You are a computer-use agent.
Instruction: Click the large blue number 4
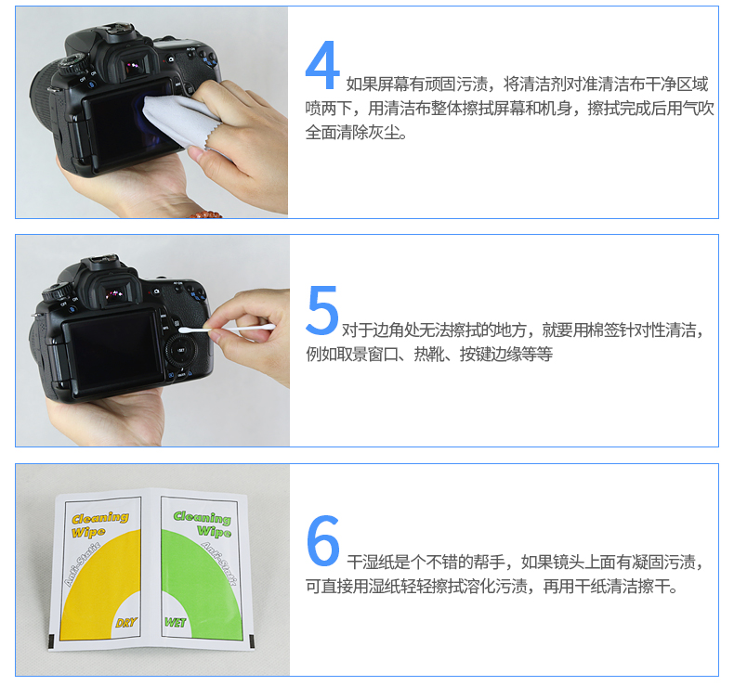point(322,65)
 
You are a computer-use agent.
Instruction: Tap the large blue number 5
point(322,310)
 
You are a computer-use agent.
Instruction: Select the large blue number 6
point(323,540)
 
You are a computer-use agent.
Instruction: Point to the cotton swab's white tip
point(186,330)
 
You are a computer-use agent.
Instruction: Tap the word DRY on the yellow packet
point(126,622)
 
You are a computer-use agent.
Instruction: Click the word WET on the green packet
point(175,622)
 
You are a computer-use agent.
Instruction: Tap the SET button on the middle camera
point(180,350)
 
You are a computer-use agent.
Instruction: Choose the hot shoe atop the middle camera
point(102,260)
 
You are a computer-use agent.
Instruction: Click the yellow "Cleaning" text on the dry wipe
point(100,518)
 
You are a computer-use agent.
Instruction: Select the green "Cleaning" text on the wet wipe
point(203,517)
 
